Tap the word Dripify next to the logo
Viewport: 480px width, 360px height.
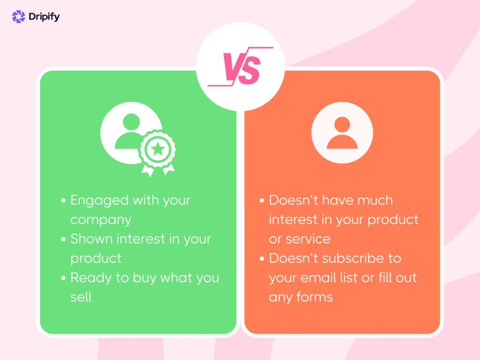(44, 17)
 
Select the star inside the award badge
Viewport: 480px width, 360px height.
(158, 150)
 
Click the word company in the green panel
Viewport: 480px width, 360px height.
(101, 219)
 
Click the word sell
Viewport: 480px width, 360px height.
(81, 297)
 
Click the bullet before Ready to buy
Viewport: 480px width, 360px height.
(63, 278)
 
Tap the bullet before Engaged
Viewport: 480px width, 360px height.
(63, 201)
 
